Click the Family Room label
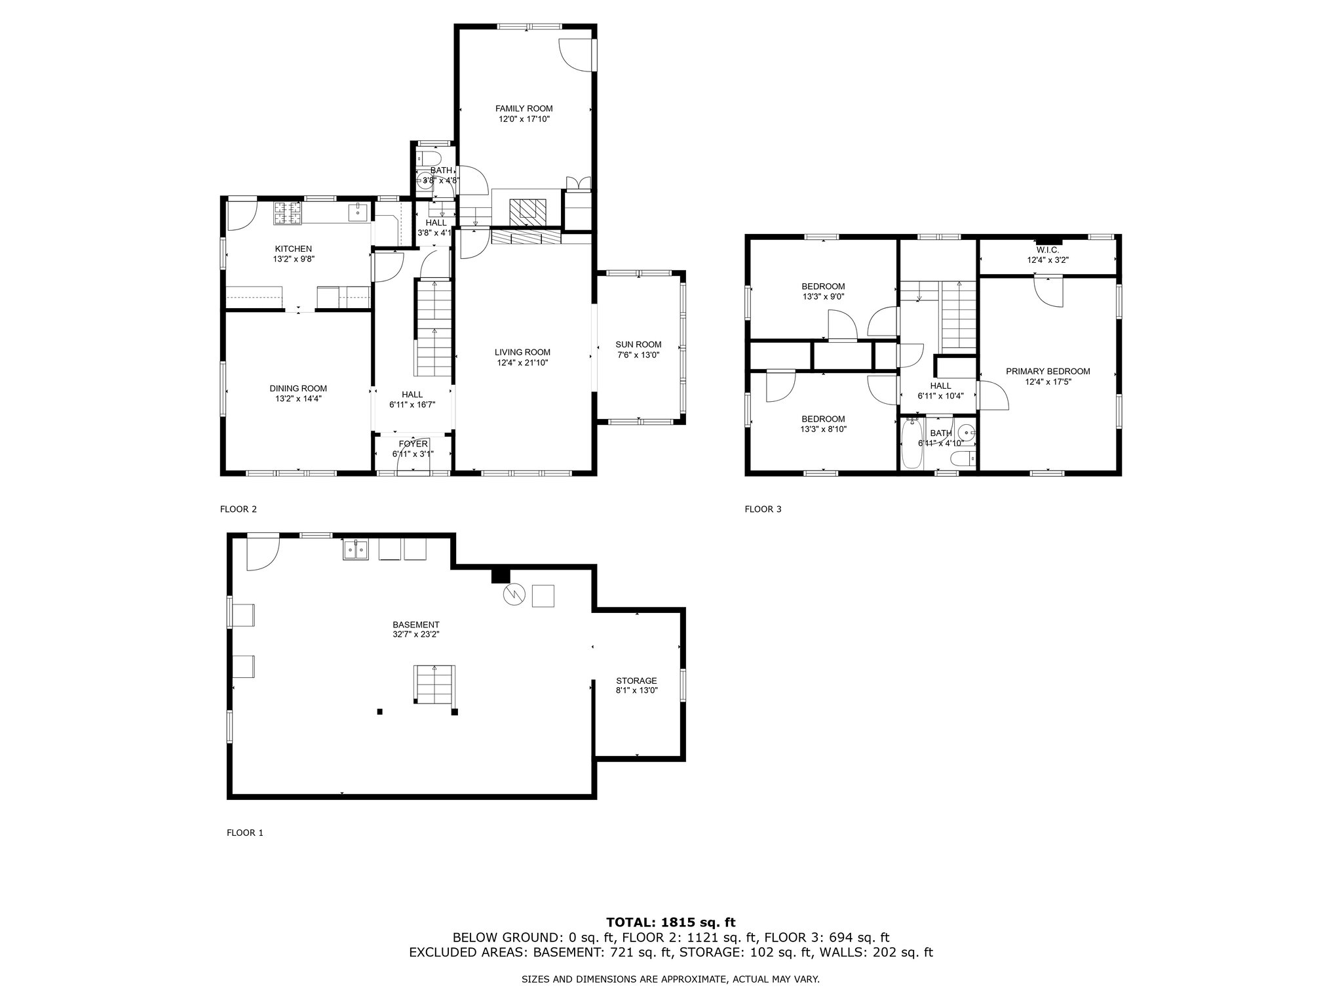click(x=524, y=109)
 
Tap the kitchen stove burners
click(x=288, y=212)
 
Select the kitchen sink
click(x=358, y=212)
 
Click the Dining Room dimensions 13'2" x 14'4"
click(x=298, y=399)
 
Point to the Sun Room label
click(x=638, y=345)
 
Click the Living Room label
click(x=522, y=352)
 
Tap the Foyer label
click(x=413, y=444)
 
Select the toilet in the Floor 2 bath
click(x=430, y=159)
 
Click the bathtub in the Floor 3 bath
click(x=911, y=444)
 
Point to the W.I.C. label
click(x=1048, y=250)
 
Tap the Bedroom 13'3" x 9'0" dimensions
click(x=823, y=296)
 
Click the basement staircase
click(x=434, y=684)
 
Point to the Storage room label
click(x=636, y=681)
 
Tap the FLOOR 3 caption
click(x=763, y=509)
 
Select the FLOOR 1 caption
click(x=244, y=833)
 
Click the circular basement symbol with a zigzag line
click(x=514, y=595)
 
